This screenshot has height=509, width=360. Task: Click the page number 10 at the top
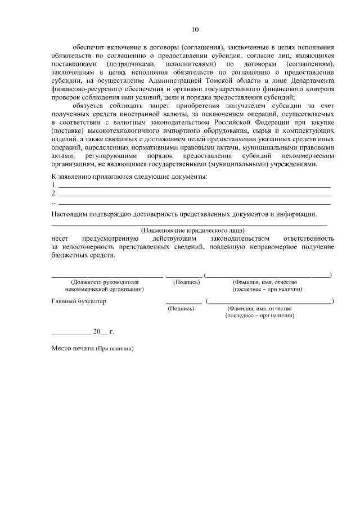click(195, 29)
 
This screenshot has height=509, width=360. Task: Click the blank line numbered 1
click(195, 186)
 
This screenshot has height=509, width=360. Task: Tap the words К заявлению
click(70, 177)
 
